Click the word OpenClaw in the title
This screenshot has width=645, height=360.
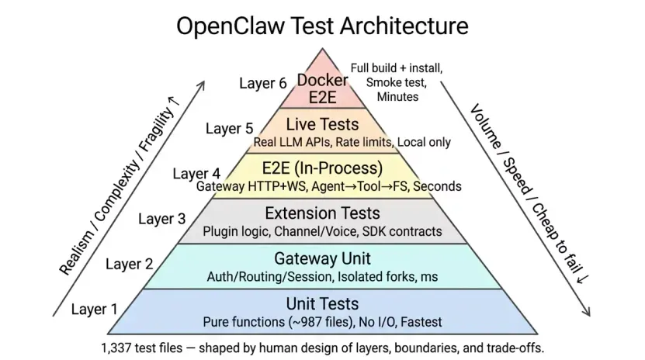pyautogui.click(x=231, y=26)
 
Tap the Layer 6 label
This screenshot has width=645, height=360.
pyautogui.click(x=263, y=83)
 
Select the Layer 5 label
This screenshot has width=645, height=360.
pyautogui.click(x=230, y=129)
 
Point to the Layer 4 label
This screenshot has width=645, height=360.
pyautogui.click(x=196, y=174)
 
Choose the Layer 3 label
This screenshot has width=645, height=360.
pyautogui.click(x=162, y=219)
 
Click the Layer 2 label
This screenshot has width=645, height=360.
pyautogui.click(x=129, y=264)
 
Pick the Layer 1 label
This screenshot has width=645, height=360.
pyautogui.click(x=95, y=309)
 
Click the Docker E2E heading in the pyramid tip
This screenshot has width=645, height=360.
pyautogui.click(x=323, y=88)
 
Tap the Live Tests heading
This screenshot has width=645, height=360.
pyautogui.click(x=323, y=124)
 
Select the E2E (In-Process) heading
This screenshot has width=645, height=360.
pyautogui.click(x=323, y=168)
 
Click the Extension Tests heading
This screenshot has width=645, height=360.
pyautogui.click(x=323, y=213)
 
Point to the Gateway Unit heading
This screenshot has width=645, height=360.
pyautogui.click(x=323, y=258)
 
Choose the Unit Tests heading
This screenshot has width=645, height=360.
pyautogui.click(x=323, y=303)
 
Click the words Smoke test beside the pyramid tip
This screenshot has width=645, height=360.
pyautogui.click(x=397, y=82)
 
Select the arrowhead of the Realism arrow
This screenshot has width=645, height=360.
pyautogui.click(x=201, y=85)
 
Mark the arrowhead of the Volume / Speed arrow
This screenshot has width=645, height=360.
pyautogui.click(x=587, y=313)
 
